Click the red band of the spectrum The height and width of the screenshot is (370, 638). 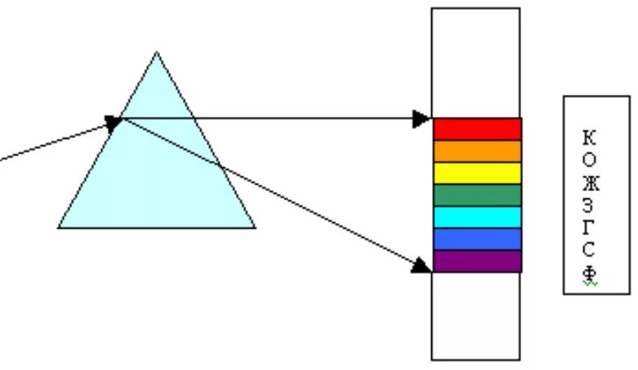477,129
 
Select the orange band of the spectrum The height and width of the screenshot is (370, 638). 477,151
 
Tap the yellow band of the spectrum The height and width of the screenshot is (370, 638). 477,173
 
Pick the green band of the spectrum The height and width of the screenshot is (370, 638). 477,195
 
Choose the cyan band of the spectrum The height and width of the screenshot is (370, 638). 477,217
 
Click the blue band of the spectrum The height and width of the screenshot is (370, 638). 477,239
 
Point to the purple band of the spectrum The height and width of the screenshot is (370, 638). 477,261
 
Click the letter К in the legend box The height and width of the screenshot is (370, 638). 590,137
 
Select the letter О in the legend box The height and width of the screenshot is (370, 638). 590,160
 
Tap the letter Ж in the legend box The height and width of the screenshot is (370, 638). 590,182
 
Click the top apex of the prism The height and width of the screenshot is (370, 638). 157,52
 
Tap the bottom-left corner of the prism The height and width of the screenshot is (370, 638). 59,227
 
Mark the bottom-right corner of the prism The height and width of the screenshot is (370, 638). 255,227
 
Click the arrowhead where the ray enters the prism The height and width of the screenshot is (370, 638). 113,123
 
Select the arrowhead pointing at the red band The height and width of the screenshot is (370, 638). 422,119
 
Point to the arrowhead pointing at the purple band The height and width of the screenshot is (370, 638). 422,265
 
